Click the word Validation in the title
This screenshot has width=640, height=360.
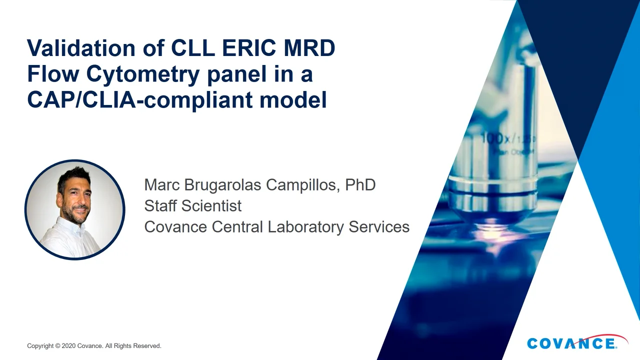(x=81, y=48)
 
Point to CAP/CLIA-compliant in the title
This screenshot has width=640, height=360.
(x=139, y=100)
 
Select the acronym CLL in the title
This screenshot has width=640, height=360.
(x=193, y=48)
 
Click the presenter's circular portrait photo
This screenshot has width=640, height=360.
(x=75, y=209)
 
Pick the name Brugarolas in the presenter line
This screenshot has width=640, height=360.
(x=222, y=184)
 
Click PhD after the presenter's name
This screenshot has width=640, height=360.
(x=360, y=184)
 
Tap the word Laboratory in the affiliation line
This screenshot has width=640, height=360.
(x=306, y=227)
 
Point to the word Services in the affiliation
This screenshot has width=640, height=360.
(x=379, y=227)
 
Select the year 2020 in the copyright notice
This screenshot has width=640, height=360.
(x=68, y=346)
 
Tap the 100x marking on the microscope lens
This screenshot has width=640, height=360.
(x=495, y=138)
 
